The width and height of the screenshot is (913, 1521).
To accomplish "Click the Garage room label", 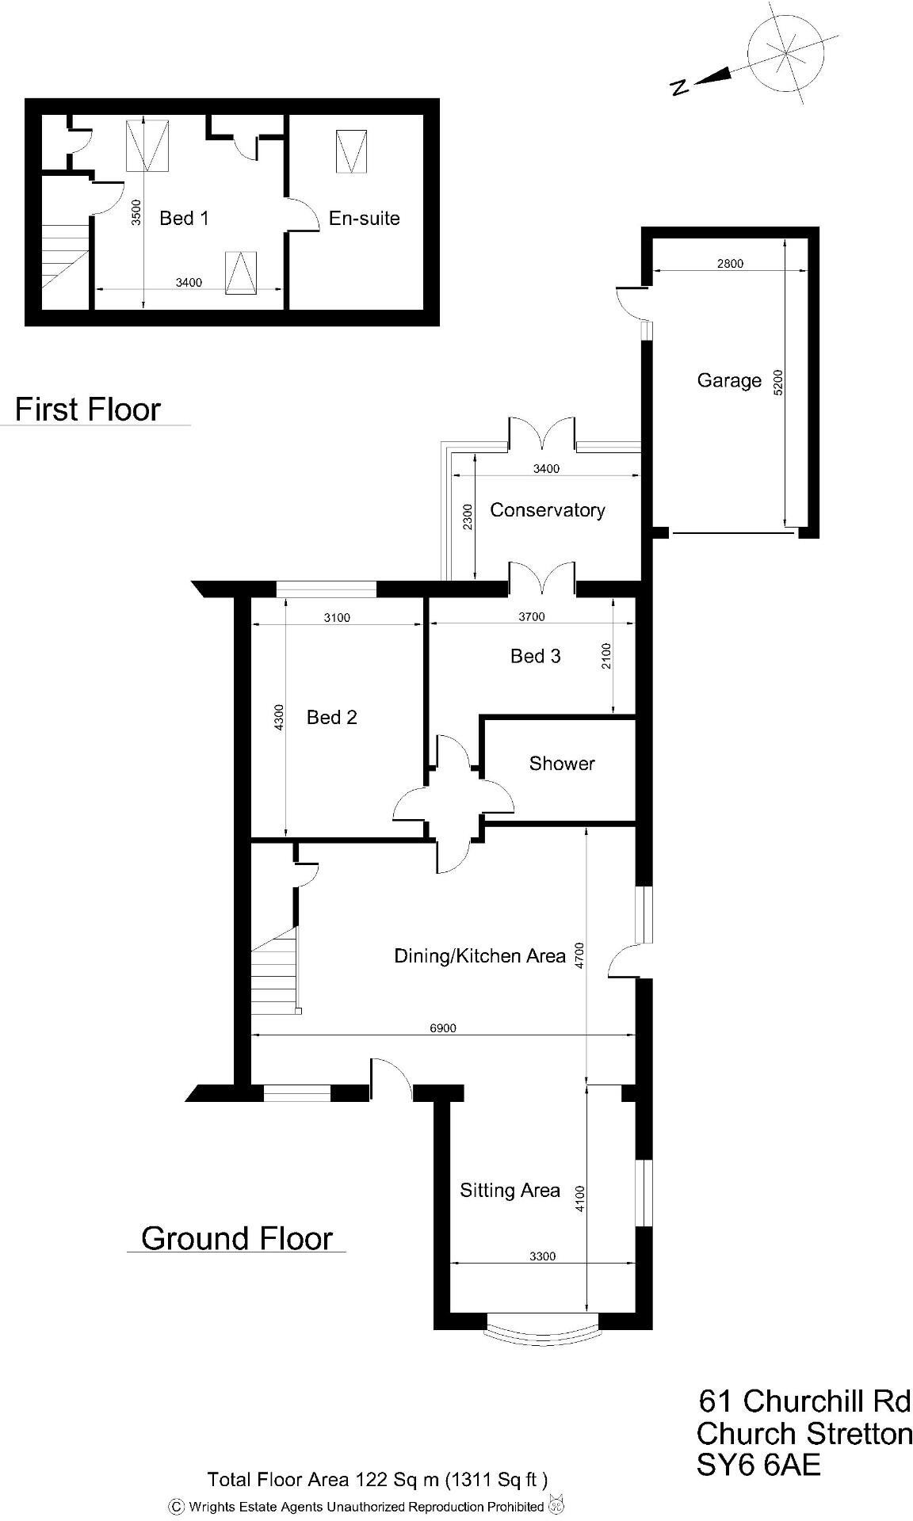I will coord(728,381).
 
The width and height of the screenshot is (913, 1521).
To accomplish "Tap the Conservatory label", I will coord(547,510).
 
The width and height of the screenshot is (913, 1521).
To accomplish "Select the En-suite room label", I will coord(364,219).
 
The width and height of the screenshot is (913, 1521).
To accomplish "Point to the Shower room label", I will coord(562,764).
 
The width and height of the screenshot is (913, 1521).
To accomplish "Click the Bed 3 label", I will coord(535,656).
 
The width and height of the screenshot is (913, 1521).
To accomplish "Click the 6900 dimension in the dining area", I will coord(443,1028).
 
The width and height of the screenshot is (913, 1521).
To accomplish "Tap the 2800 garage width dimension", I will coord(730,264).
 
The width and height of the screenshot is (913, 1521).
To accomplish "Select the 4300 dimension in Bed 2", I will coord(277,718).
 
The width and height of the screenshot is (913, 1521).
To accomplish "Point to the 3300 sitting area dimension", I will coord(542,1256).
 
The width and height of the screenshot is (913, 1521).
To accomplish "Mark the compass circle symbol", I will coord(785,54).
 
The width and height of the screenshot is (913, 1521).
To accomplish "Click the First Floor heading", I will coord(88,410).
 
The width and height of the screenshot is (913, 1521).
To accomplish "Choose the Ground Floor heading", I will coord(236,1238).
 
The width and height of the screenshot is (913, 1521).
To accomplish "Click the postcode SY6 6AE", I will coord(758,1466).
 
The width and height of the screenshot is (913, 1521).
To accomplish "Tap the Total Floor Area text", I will coord(377,1479).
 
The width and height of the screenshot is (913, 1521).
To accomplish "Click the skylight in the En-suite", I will coord(351,151).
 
